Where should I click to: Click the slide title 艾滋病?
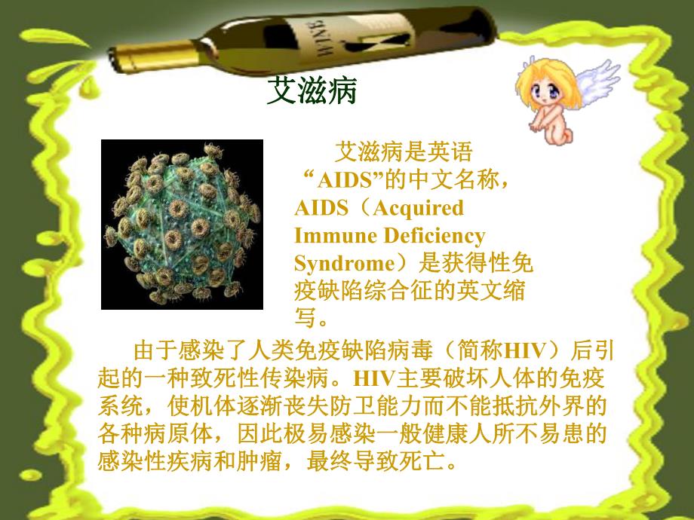(x=312, y=92)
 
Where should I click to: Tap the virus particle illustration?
(x=182, y=224)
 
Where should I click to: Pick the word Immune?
(x=333, y=236)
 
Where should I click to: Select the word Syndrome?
(x=340, y=264)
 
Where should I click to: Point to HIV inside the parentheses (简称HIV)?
(x=527, y=351)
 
